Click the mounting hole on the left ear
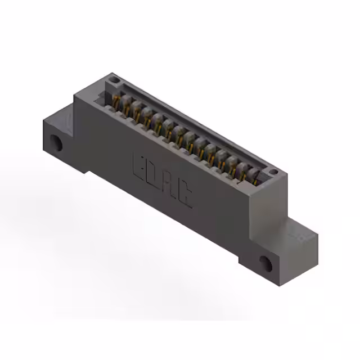(57, 142)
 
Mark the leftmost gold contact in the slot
(116, 103)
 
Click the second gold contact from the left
(125, 109)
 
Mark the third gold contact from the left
(137, 115)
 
